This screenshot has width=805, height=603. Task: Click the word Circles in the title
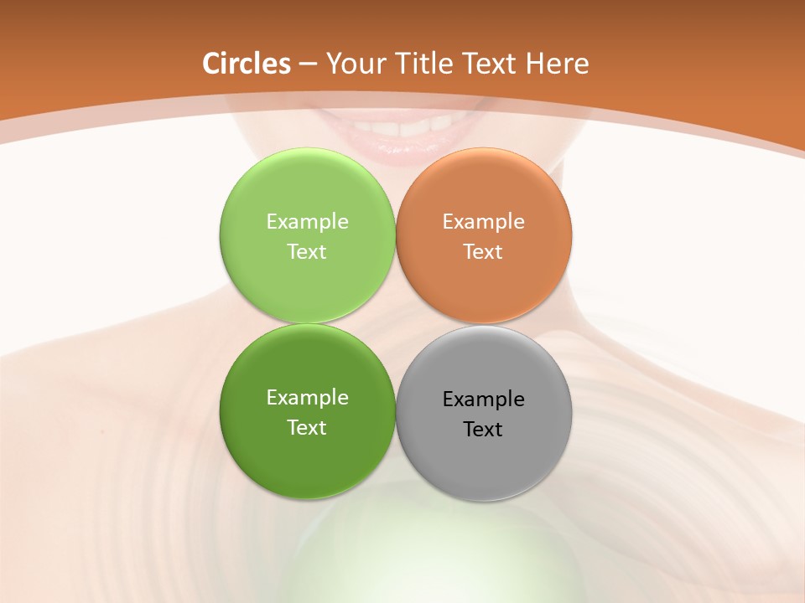click(x=247, y=64)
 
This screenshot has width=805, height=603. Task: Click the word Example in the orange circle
click(x=483, y=222)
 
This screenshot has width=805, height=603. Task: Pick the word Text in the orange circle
click(x=483, y=252)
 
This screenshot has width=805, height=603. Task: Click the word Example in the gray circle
click(x=483, y=399)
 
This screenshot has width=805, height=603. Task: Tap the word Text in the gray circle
click(x=483, y=430)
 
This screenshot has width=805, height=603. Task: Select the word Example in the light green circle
click(x=307, y=222)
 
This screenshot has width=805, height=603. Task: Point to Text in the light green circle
click(x=307, y=252)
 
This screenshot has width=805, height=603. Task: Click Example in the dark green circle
click(x=307, y=398)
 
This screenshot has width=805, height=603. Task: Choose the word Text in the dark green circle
click(x=307, y=428)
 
